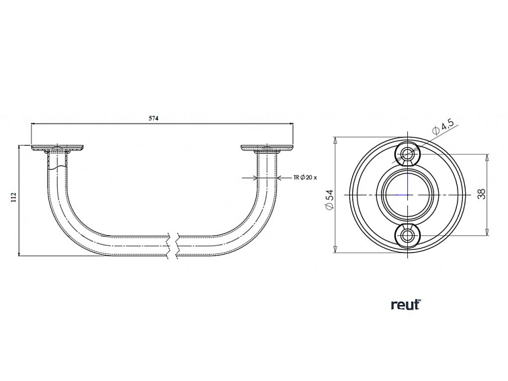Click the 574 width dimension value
(153, 118)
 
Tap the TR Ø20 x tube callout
(306, 177)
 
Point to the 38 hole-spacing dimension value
(481, 194)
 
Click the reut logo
(405, 304)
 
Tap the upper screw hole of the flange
(408, 155)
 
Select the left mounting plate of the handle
(57, 147)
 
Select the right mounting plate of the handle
(268, 147)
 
